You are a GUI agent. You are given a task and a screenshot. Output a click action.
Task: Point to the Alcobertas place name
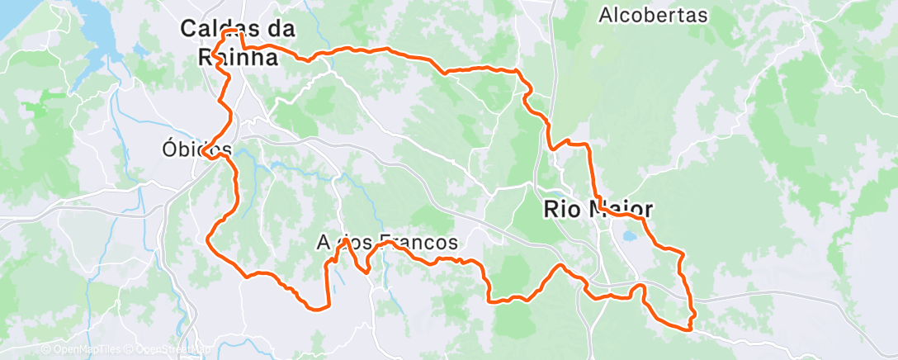[x=654, y=15]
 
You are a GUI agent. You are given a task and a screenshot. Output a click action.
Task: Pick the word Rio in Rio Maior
[x=561, y=210]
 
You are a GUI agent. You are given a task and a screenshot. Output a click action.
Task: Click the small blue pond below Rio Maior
[x=630, y=237]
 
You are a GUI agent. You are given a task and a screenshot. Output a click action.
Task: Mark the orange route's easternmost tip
[x=693, y=313]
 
